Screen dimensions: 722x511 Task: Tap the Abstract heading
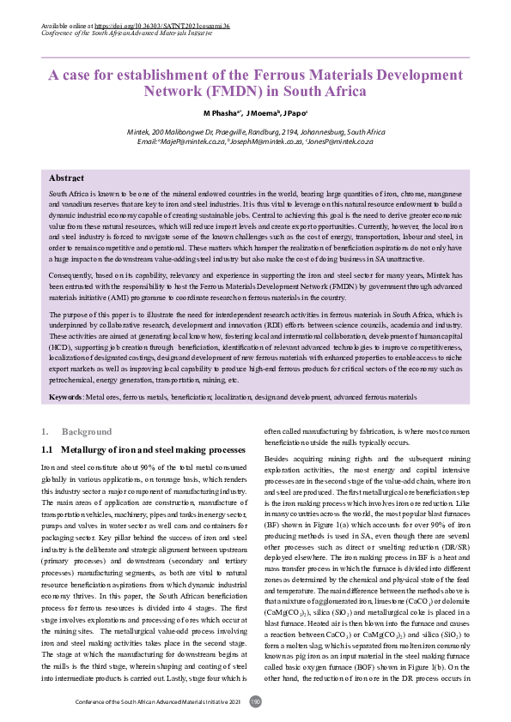tap(66, 177)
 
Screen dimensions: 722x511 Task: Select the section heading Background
tap(86, 430)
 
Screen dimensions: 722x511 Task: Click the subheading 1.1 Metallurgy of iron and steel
tap(143, 449)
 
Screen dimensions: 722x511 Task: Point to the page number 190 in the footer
tap(255, 701)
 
